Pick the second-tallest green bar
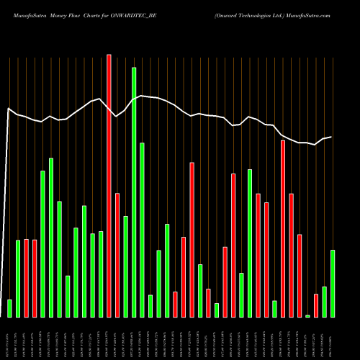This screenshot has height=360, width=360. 142,230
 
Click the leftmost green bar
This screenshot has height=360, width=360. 9,308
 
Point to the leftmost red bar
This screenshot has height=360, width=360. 27,278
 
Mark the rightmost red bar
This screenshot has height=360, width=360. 316,305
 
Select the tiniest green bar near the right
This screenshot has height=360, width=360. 307,315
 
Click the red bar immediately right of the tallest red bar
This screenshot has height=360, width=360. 117,255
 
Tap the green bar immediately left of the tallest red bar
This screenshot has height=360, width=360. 101,274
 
